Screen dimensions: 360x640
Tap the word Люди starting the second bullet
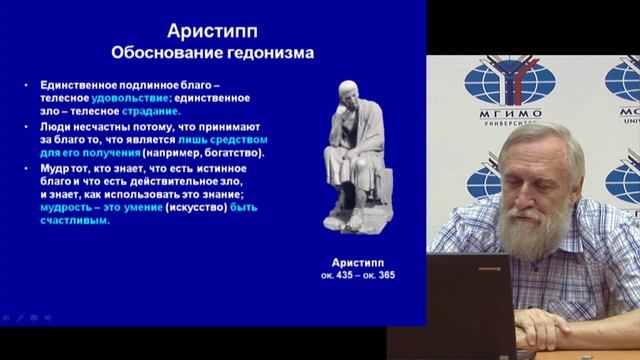56,128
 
